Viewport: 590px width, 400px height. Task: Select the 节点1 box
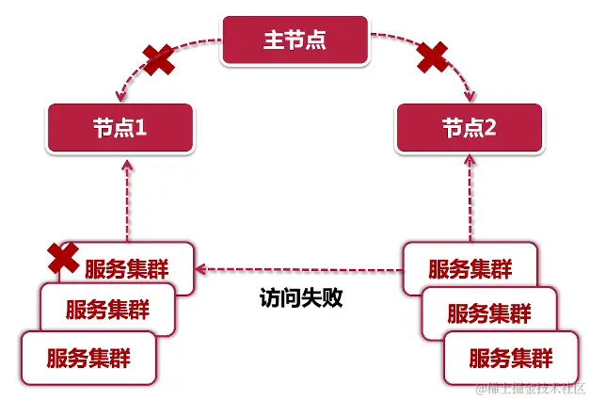120,128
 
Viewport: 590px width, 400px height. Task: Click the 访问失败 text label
301,299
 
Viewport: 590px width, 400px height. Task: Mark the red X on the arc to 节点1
157,59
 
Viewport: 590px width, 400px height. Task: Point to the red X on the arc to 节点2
431,57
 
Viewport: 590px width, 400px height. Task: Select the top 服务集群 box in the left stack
132,267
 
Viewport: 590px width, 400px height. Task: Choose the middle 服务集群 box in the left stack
107,308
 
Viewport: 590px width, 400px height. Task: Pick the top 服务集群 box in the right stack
470,267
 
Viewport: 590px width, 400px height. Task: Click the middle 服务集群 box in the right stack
489,312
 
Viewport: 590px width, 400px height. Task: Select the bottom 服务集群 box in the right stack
510,357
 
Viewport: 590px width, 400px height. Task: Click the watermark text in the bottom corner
531,388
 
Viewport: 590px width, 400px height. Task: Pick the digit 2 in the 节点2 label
489,128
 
